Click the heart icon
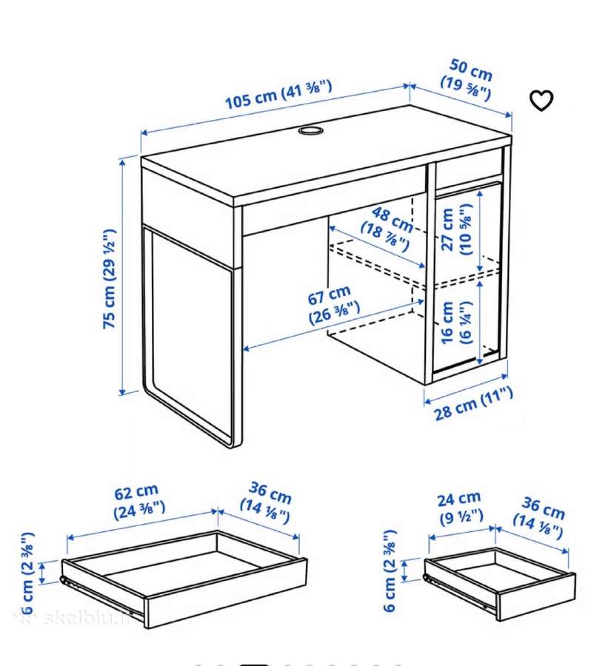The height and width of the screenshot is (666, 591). (541, 101)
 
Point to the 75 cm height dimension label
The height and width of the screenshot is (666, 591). (110, 278)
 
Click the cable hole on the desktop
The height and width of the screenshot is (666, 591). (310, 130)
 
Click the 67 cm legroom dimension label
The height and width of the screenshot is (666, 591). (333, 305)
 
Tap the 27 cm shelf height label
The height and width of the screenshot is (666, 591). (457, 229)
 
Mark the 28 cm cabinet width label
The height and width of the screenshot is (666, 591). (473, 404)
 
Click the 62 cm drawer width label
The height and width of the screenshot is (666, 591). (138, 501)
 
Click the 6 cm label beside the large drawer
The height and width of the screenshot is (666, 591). (27, 573)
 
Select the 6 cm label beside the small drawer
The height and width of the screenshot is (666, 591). (390, 571)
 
